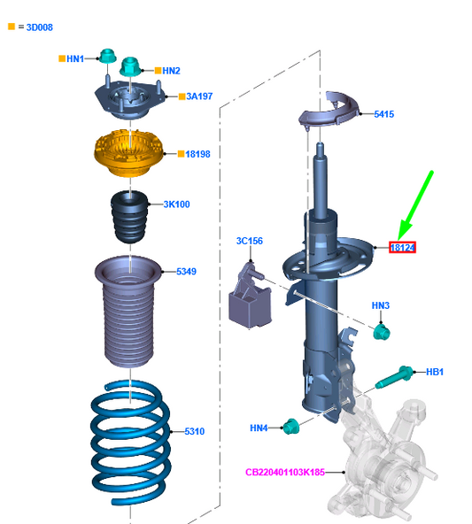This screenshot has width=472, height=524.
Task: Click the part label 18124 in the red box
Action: pos(403,248)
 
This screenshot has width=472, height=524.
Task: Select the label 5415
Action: pos(383,114)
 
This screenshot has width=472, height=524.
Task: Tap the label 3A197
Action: pos(198,96)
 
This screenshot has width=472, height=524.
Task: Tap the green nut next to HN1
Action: pos(107,58)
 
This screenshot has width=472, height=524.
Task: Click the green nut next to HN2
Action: pos(129,65)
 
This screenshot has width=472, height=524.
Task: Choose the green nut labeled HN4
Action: pos(290,428)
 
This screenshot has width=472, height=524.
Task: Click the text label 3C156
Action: pos(250,241)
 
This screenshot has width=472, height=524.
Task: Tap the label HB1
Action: pos(434,372)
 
